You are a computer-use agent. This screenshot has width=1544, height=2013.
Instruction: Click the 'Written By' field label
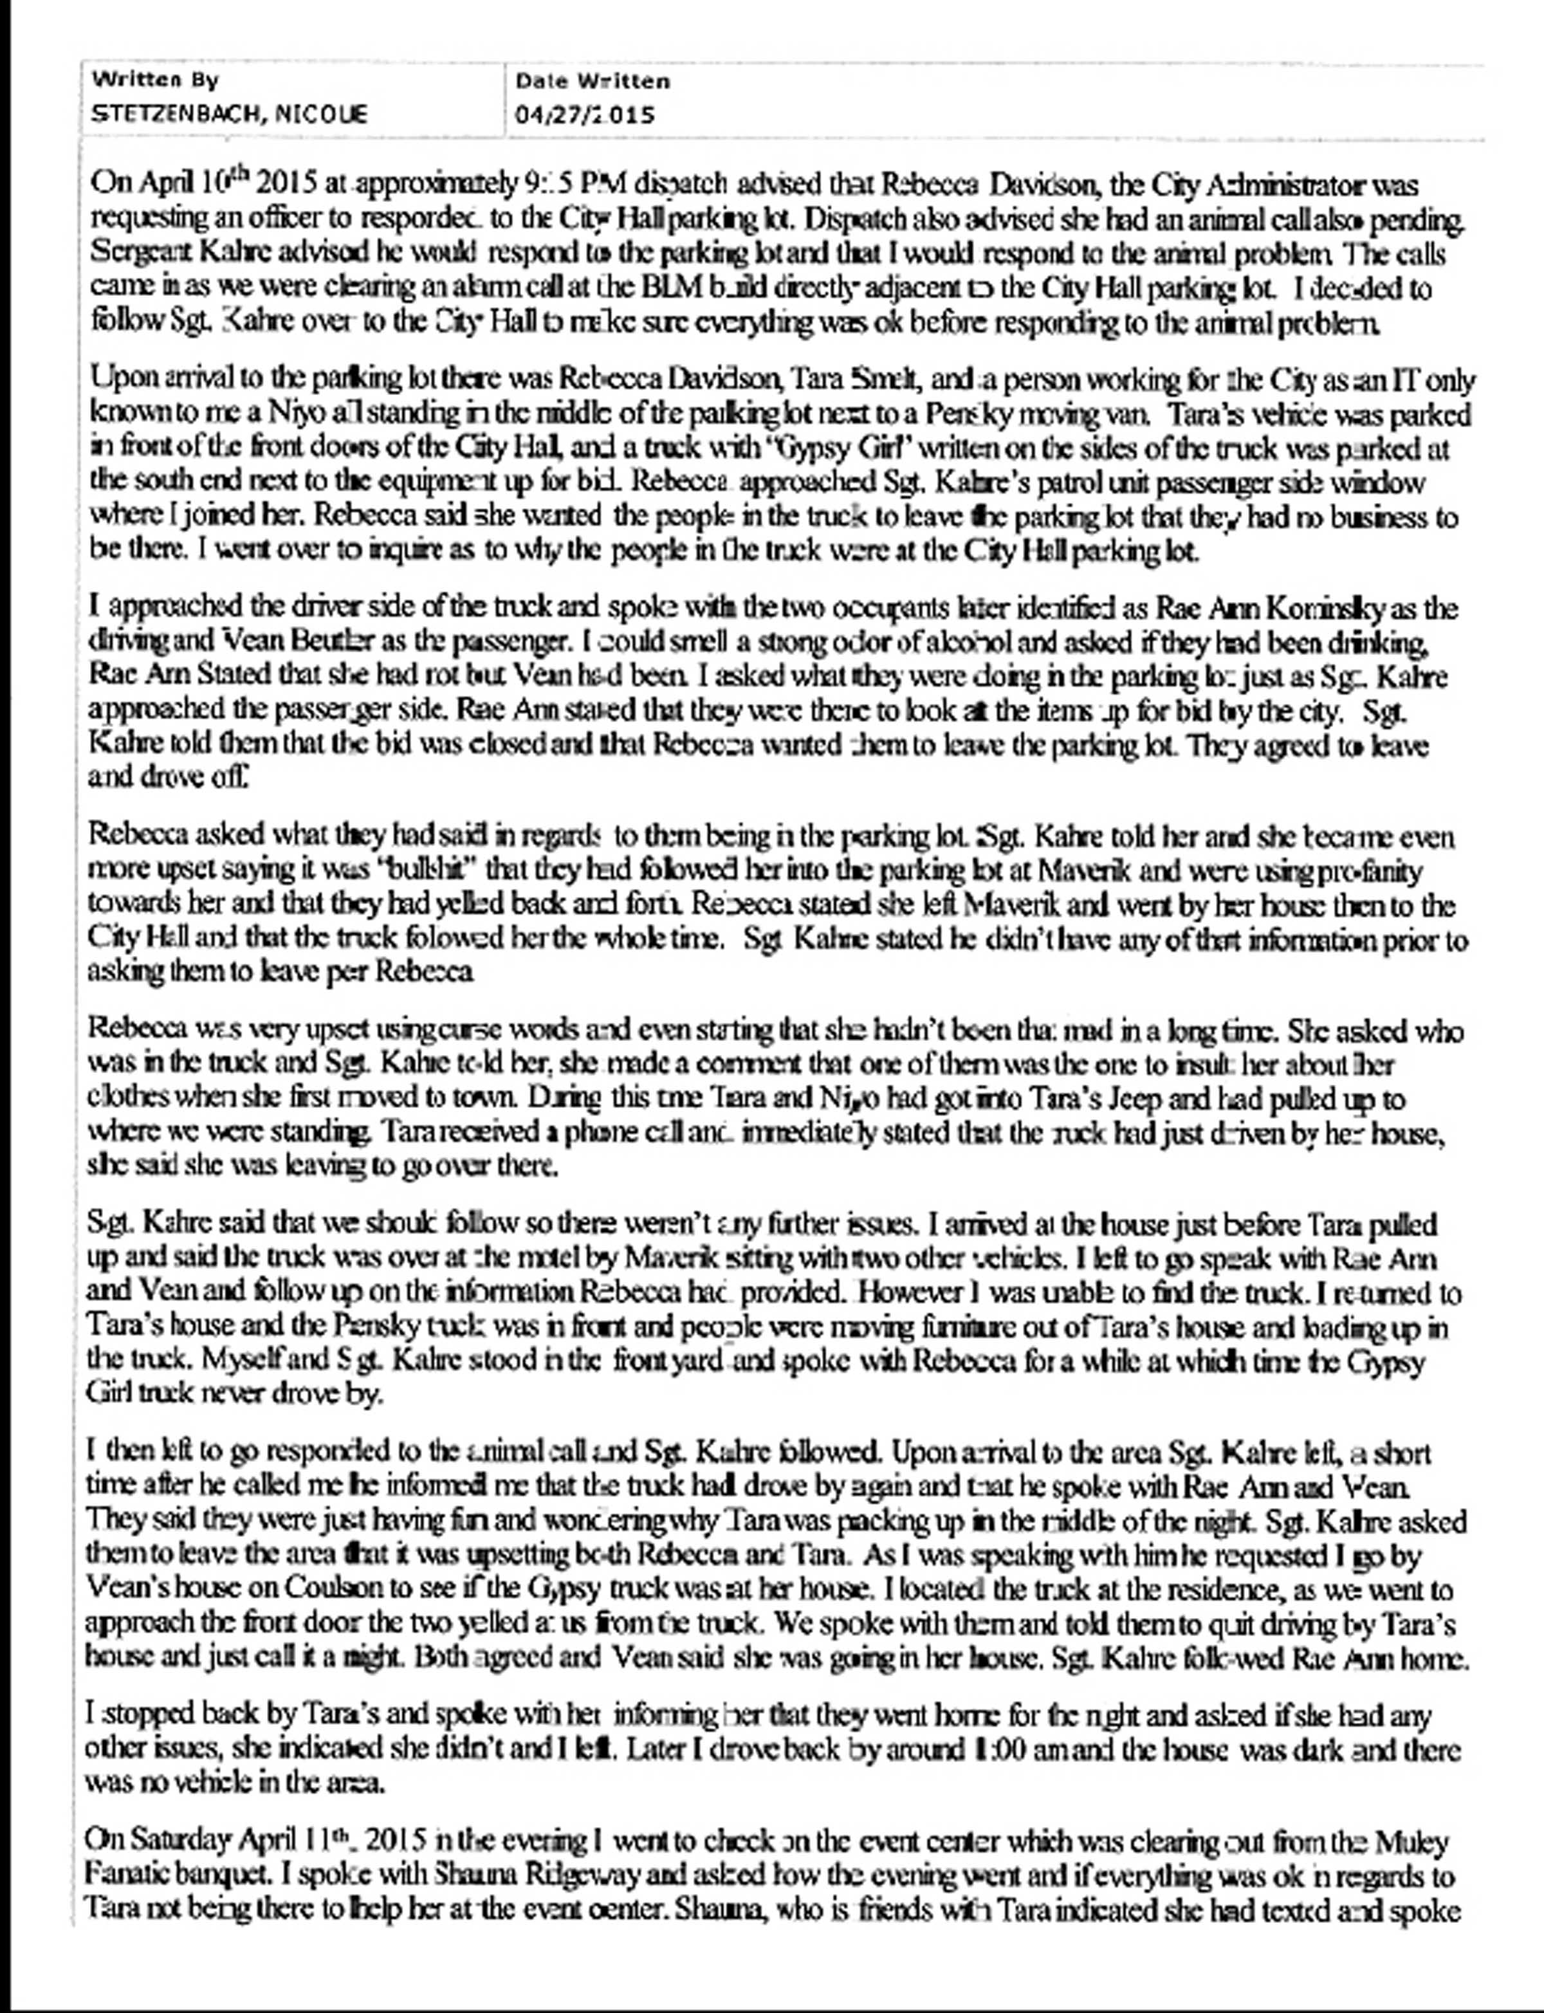pyautogui.click(x=155, y=80)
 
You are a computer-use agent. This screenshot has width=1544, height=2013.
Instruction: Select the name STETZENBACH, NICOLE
pyautogui.click(x=230, y=114)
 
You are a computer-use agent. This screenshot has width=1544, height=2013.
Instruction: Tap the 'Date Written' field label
pyautogui.click(x=593, y=81)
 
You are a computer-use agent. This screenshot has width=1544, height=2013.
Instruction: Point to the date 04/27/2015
pyautogui.click(x=585, y=115)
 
